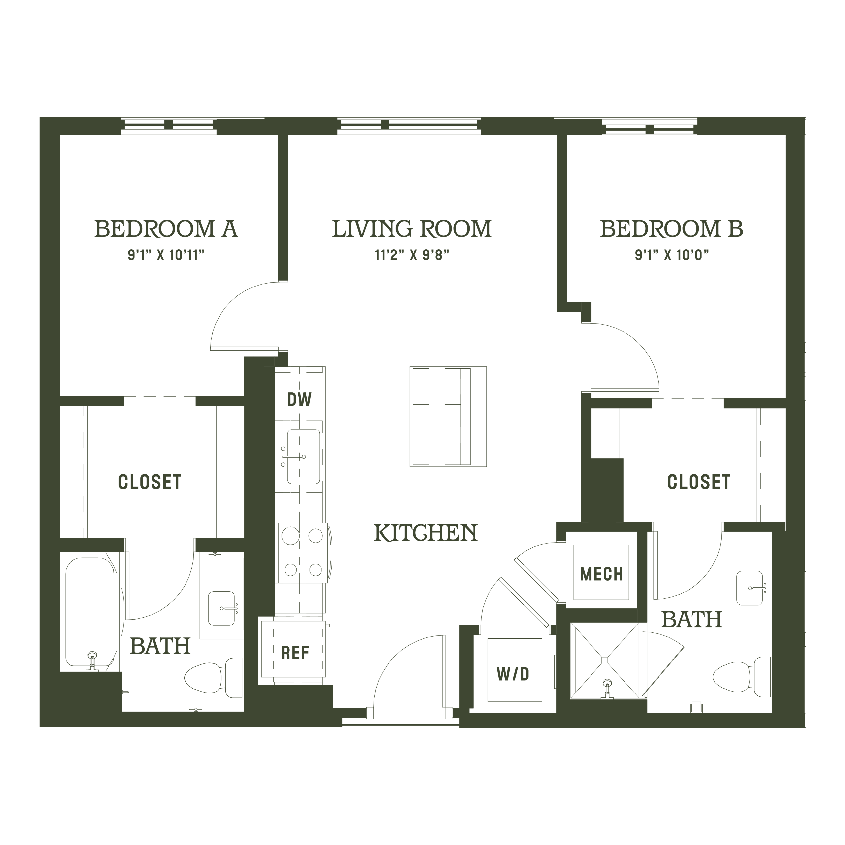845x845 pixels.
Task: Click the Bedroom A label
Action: (166, 229)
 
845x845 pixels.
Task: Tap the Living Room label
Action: (412, 229)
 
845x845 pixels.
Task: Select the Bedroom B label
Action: (671, 229)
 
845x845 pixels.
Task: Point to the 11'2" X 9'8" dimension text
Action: (412, 255)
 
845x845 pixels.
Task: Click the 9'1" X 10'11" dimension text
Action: (166, 255)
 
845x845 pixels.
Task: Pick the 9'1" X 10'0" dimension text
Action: (671, 255)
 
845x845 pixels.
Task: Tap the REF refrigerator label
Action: (295, 653)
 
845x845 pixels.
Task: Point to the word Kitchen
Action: (425, 533)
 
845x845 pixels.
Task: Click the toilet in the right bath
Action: (741, 677)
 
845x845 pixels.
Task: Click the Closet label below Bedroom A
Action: (150, 482)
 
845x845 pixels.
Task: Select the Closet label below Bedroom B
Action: (698, 482)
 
